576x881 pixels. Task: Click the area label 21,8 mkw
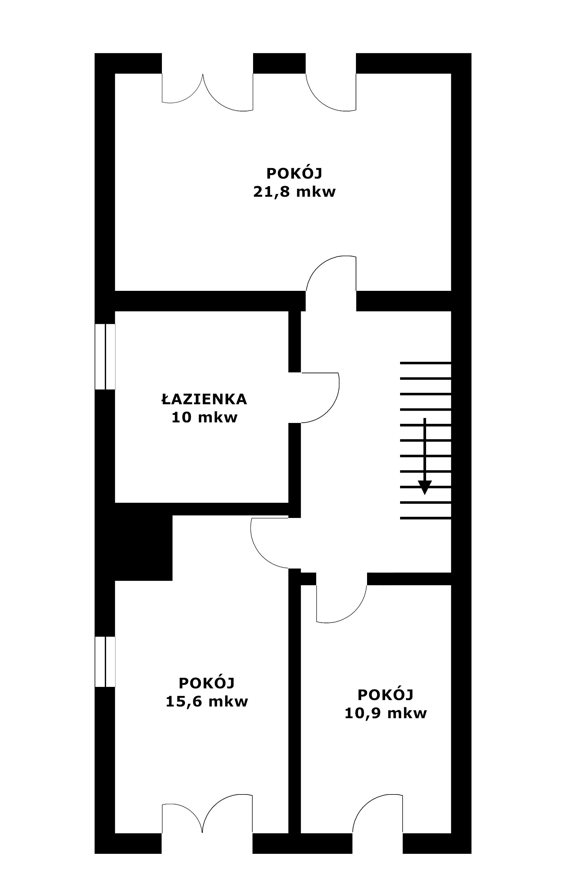(x=294, y=192)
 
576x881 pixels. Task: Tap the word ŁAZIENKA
(x=204, y=399)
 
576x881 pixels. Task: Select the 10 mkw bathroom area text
(x=204, y=417)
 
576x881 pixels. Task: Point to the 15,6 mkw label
(x=207, y=702)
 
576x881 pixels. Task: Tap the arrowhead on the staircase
(x=425, y=488)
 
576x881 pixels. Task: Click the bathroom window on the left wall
(x=105, y=357)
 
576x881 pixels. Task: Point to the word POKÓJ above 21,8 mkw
(x=294, y=173)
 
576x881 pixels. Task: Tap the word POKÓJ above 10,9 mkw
(x=385, y=695)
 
